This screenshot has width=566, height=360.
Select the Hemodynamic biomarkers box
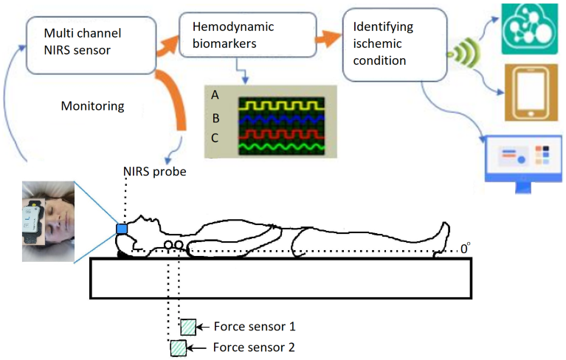pyautogui.click(x=244, y=35)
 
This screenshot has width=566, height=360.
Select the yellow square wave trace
pyautogui.click(x=281, y=104)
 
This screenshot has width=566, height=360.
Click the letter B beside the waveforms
pyautogui.click(x=215, y=117)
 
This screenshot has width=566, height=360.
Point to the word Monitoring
pyautogui.click(x=92, y=106)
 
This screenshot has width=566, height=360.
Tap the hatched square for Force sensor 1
pyautogui.click(x=188, y=325)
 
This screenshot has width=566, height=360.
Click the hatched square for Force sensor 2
pyautogui.click(x=178, y=347)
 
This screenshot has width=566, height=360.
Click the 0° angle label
pyautogui.click(x=465, y=250)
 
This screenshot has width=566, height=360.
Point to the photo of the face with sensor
pyautogui.click(x=49, y=222)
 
